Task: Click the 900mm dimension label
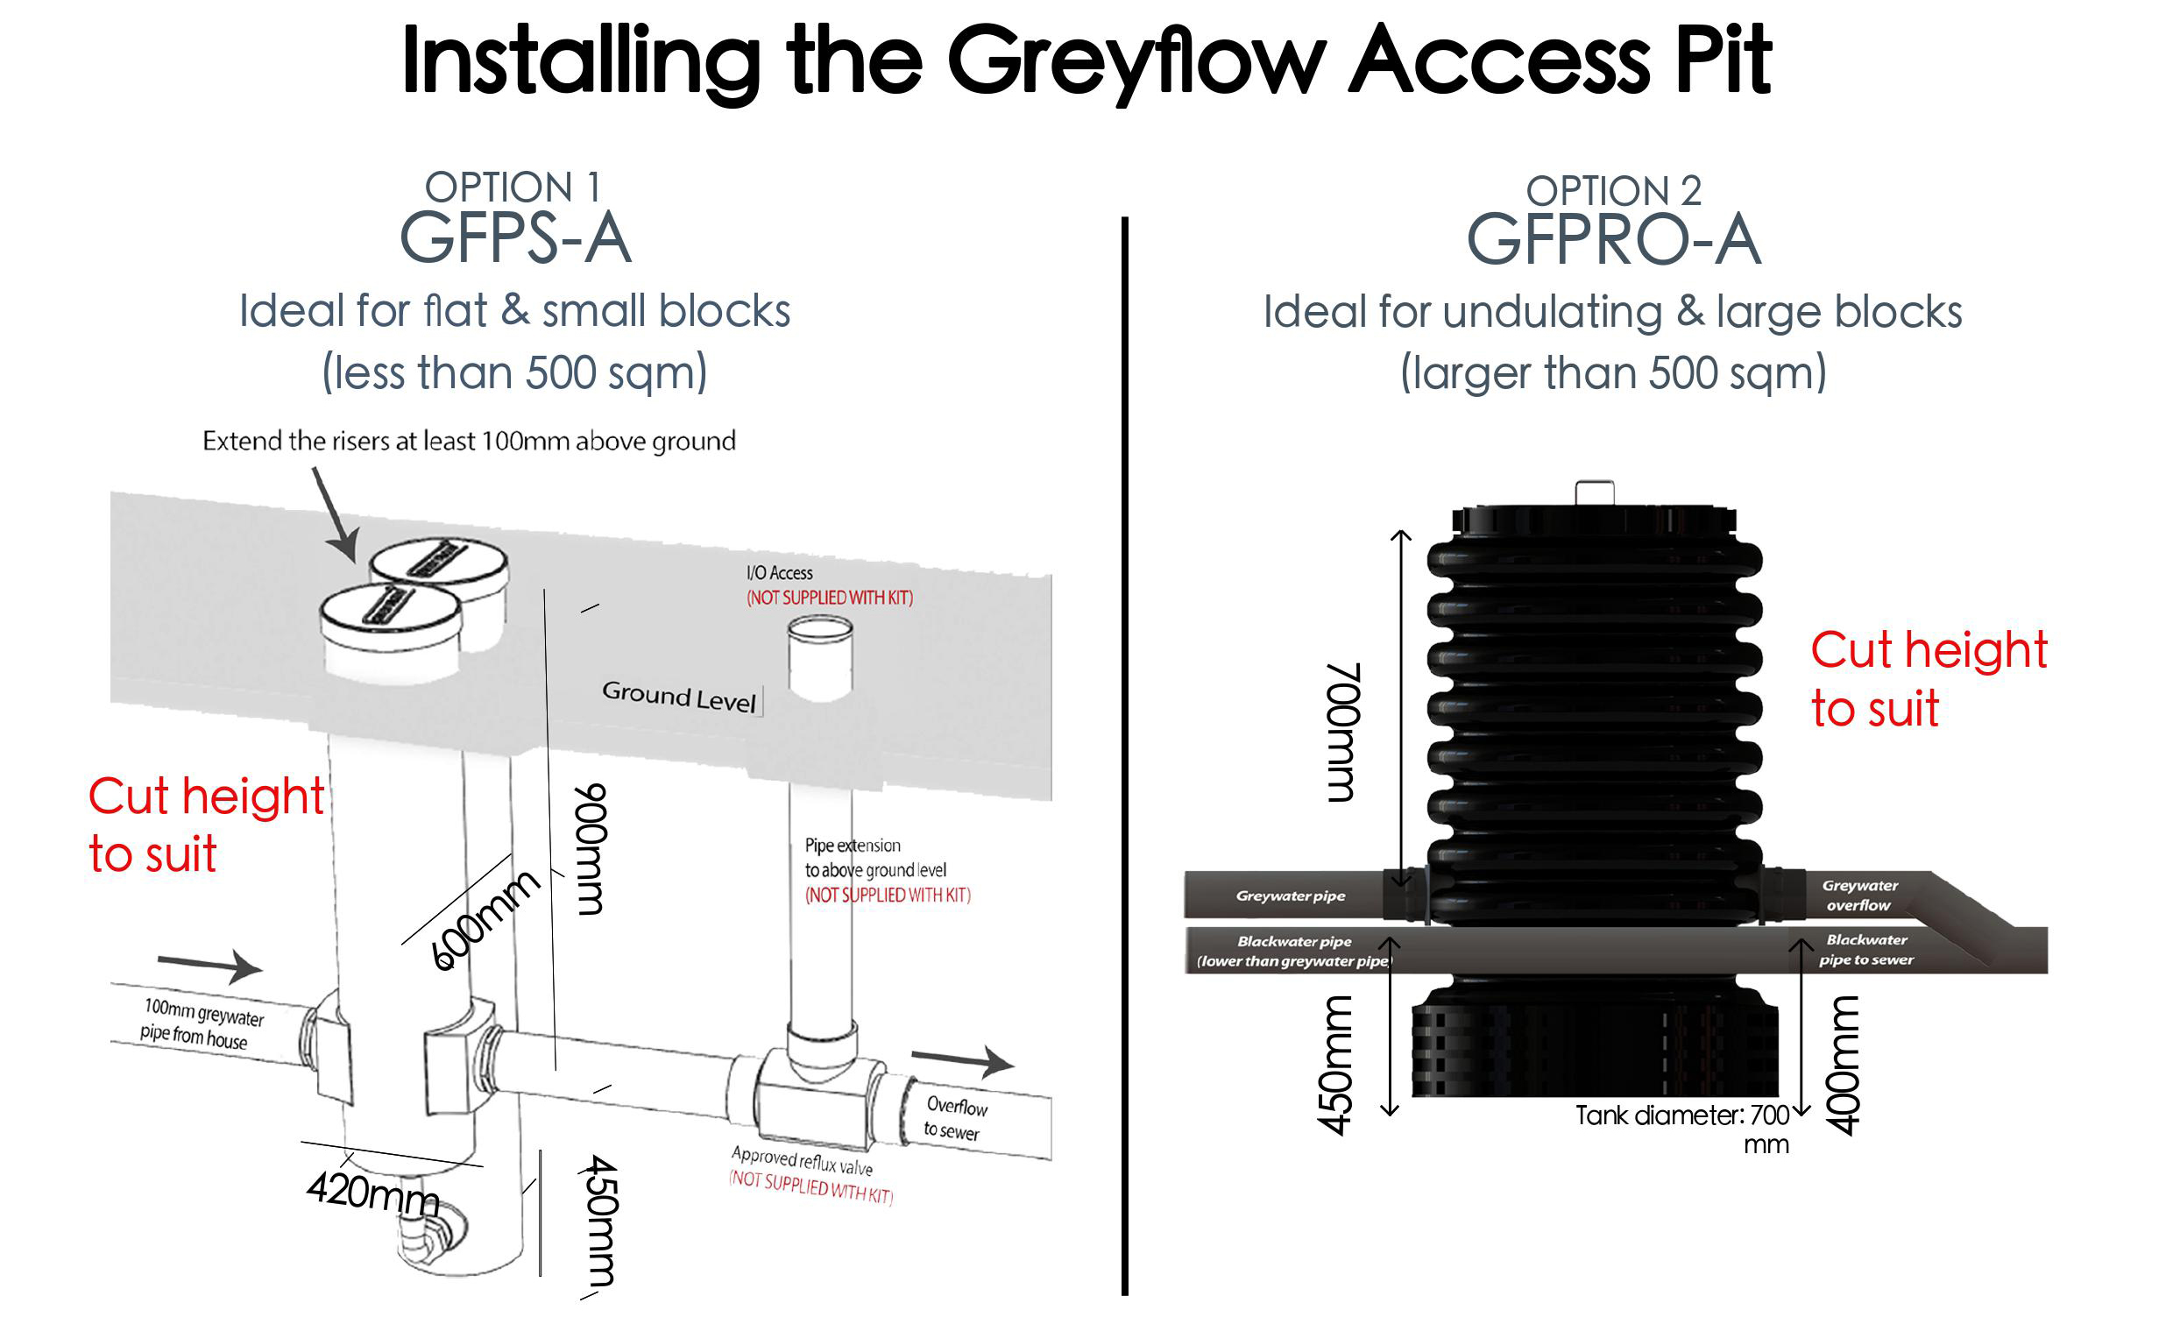[590, 848]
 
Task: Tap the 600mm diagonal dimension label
[485, 919]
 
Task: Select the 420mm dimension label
[373, 1193]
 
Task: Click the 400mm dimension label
[1843, 1065]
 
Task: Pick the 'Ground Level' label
[678, 696]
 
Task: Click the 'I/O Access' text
[780, 573]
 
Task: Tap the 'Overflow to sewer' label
[955, 1117]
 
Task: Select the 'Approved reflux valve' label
[802, 1160]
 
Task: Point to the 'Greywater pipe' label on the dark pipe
[1290, 896]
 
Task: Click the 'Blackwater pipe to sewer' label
[1866, 950]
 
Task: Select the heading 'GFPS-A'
[516, 238]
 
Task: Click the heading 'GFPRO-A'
[1613, 240]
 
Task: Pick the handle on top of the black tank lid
[1595, 492]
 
